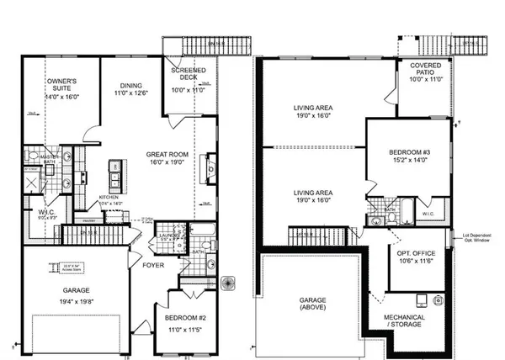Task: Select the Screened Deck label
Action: point(183,71)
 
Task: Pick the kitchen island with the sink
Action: point(113,176)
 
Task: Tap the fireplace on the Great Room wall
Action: point(208,168)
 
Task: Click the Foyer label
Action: point(153,266)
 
